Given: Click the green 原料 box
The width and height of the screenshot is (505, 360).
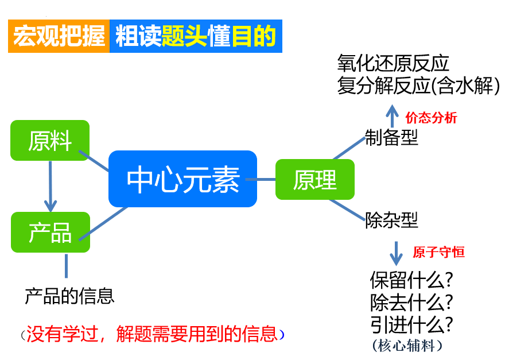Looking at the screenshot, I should pos(50,140).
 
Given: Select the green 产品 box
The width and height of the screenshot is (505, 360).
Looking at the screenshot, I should pos(50,232).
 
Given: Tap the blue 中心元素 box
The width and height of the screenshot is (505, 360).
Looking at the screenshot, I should pos(182,179).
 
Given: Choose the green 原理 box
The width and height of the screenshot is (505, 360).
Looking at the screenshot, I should pos(315,179).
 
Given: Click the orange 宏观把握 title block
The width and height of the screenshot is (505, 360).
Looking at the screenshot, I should pos(59,36).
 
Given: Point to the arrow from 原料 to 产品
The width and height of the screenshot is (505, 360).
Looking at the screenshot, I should pos(50,185).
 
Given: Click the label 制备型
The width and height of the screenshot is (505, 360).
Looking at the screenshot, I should pos(392,137).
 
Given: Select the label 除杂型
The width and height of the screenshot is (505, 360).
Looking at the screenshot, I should pos(392,219).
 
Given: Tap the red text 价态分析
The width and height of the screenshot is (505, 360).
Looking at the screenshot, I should pos(431,118).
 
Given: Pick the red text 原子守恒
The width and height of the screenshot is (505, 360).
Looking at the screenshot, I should pos(439,251).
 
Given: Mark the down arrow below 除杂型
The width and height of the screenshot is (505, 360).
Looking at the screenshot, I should pos(395,251).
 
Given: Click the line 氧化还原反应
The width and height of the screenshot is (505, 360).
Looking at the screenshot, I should pos(393,63).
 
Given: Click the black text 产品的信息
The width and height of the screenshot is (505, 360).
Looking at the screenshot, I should pos(70,295).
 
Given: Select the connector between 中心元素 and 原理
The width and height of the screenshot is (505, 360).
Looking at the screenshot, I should pos(266,179).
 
